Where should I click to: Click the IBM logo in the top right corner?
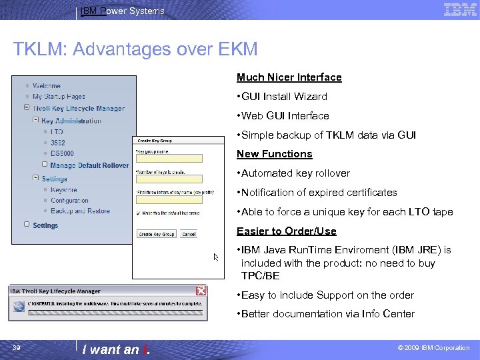coord(460,10)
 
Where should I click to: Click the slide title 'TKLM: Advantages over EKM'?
coord(135,49)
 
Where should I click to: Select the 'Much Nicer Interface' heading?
coord(289,77)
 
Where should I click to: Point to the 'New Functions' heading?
coord(274,154)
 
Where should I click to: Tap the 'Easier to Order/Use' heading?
coord(286,231)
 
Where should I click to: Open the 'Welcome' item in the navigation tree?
coord(46,86)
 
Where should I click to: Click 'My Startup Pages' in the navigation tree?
coord(59,97)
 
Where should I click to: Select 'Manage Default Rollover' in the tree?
coord(89,165)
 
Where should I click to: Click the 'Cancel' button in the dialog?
coord(189,234)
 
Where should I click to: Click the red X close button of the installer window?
coord(200,291)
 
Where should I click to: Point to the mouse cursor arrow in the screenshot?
coord(216,257)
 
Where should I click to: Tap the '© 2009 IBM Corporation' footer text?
coord(433,348)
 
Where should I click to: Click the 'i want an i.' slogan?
coord(121,349)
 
